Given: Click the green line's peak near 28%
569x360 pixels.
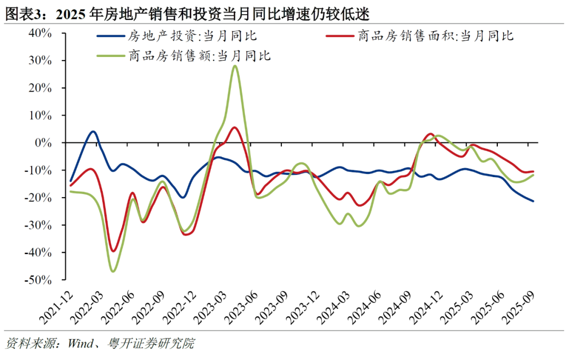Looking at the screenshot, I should (x=234, y=66).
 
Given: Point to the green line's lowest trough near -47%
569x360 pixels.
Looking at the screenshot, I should (x=113, y=271).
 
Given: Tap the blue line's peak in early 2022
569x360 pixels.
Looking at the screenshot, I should (x=93, y=131).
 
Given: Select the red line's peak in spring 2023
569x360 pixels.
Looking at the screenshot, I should (x=234, y=128).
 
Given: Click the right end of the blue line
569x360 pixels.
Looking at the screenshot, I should (x=533, y=201).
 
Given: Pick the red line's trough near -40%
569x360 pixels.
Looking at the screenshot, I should (x=113, y=251).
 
